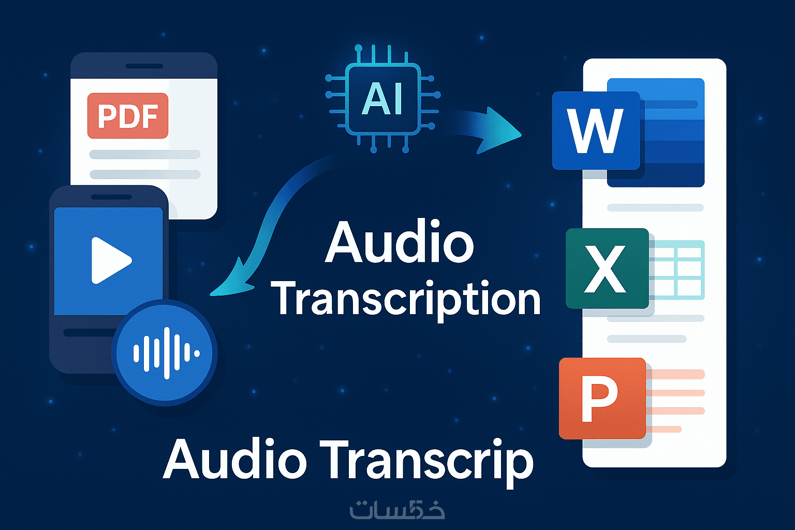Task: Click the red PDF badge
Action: (x=128, y=116)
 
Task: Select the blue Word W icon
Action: (x=596, y=130)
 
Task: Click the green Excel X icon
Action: (x=607, y=269)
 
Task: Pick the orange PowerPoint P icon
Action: (x=602, y=398)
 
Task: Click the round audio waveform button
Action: (x=165, y=353)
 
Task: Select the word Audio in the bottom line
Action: (x=235, y=460)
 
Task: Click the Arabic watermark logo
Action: (x=397, y=510)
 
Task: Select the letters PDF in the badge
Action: (x=128, y=116)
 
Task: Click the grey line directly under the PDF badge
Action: (x=145, y=154)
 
